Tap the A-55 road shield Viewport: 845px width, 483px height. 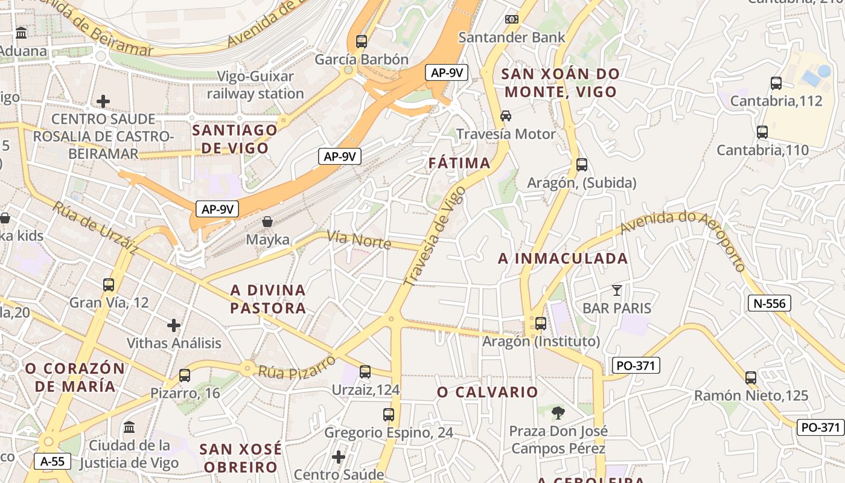pos(53,462)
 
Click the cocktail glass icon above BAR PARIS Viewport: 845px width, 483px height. pos(616,290)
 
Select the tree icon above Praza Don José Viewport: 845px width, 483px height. pos(558,414)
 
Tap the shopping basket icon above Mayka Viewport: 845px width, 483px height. pos(267,222)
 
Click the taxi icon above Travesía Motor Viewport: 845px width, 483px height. pos(506,115)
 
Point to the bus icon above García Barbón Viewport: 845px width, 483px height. pos(362,42)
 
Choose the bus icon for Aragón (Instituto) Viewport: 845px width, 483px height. pos(541,324)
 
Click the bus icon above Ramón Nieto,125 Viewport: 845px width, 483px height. pos(751,378)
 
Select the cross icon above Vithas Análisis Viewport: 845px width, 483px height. pos(174,325)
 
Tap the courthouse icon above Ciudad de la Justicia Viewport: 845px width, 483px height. pos(129,427)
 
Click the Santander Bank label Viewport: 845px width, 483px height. pos(512,37)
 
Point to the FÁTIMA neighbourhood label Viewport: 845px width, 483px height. pos(459,163)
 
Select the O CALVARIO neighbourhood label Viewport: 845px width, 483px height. pos(487,392)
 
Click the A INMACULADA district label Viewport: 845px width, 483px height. pos(563,259)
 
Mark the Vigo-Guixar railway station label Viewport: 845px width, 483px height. pos(256,85)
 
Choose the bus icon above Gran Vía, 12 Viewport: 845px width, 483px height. pos(109,285)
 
